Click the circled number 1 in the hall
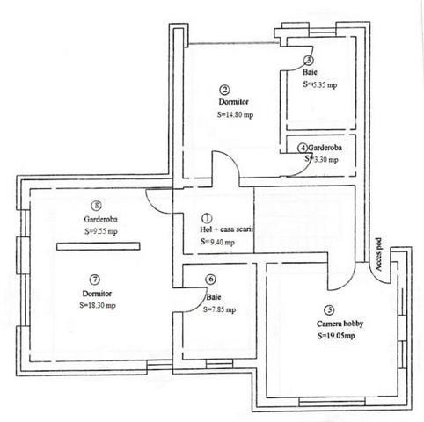tap(208, 217)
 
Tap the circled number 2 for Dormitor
tap(225, 90)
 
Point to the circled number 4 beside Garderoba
tap(303, 148)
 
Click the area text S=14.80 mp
tap(236, 115)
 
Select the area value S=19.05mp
tap(336, 336)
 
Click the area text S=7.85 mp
tap(219, 309)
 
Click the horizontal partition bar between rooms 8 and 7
tap(98, 248)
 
